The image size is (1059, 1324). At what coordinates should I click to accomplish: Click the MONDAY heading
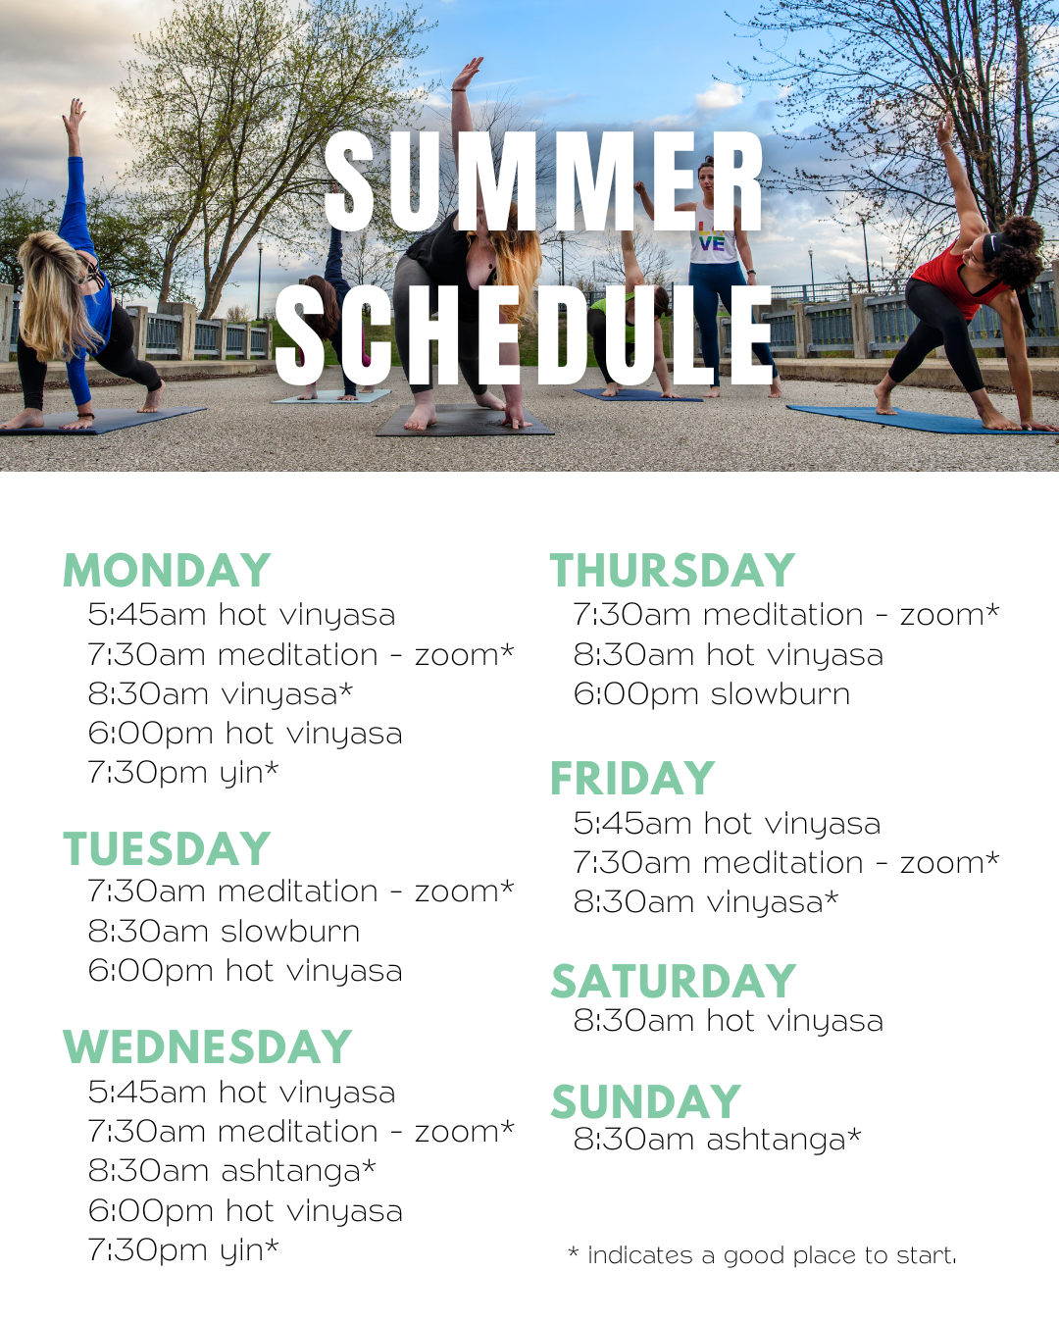click(x=167, y=571)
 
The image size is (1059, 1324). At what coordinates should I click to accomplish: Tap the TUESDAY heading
click(x=167, y=848)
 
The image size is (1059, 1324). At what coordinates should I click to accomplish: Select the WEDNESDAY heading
click(x=207, y=1046)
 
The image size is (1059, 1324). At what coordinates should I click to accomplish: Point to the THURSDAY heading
click(x=673, y=571)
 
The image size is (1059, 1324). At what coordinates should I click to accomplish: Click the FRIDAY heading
click(x=632, y=779)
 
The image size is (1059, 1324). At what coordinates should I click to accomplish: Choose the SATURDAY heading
click(x=674, y=982)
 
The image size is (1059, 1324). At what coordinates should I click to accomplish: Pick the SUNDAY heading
click(x=646, y=1100)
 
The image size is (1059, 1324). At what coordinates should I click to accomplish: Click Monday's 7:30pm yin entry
click(x=183, y=773)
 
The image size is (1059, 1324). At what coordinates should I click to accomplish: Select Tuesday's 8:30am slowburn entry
click(x=224, y=931)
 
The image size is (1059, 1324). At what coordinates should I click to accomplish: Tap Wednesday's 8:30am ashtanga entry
click(x=232, y=1170)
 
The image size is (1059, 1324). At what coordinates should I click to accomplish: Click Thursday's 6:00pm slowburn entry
click(x=712, y=694)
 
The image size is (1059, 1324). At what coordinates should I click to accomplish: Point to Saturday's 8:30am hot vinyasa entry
click(x=729, y=1021)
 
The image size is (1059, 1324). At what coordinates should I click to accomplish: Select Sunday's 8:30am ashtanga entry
click(x=718, y=1140)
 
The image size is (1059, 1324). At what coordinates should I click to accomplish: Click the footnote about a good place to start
click(x=763, y=1255)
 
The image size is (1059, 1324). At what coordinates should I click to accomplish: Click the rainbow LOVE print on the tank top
click(x=712, y=238)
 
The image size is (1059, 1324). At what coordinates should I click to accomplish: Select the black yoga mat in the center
click(x=465, y=421)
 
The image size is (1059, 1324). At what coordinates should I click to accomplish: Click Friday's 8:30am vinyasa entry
click(x=706, y=902)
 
